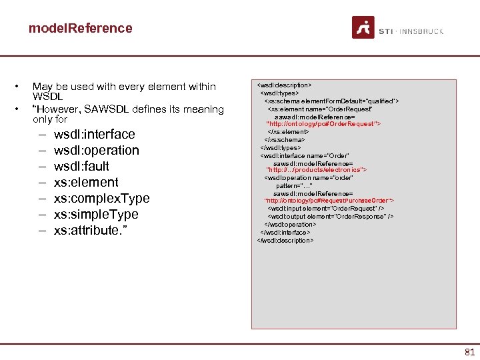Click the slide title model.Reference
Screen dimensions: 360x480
coord(80,28)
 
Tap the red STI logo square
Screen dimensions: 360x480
coord(363,27)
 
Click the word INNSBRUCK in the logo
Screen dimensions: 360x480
coord(423,31)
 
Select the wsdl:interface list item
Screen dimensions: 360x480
coord(94,134)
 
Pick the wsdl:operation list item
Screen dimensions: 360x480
coord(96,150)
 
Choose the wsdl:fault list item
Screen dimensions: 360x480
coord(81,166)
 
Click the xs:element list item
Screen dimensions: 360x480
coord(86,182)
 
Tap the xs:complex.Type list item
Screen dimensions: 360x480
coord(101,198)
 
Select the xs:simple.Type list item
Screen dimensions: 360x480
coord(96,214)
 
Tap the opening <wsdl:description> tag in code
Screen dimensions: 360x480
coord(285,85)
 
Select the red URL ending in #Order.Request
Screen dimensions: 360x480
coord(323,124)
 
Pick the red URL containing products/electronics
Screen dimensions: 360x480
coord(317,170)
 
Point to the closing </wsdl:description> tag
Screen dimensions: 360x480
coord(285,240)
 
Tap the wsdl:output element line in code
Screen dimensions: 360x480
coord(330,217)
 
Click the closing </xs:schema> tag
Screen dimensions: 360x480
coord(285,139)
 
